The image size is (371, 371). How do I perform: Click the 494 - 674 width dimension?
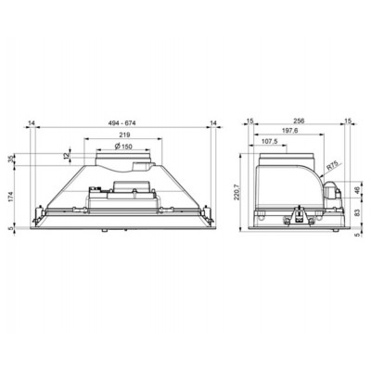122,123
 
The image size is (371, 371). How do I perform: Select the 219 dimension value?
124,134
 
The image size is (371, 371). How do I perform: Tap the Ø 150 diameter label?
123,147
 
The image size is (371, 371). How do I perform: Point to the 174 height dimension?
11,197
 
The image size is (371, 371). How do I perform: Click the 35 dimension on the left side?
11,160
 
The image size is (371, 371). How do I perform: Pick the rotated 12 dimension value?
67,156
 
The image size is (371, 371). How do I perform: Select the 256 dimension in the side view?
299,121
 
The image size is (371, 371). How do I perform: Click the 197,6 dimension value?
289,131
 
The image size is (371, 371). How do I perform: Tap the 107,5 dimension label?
270,141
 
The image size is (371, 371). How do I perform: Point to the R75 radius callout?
333,165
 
